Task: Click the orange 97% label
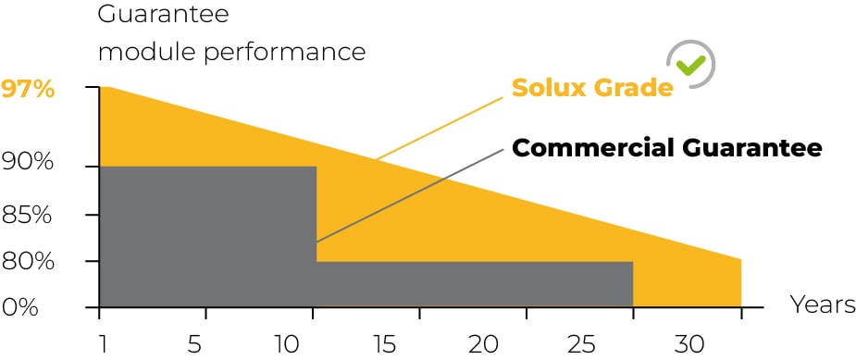[x=27, y=90]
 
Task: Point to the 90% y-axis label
[x=27, y=162]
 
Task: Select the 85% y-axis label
[x=27, y=216]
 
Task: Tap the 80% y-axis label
[x=27, y=262]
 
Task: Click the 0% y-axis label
[x=19, y=307]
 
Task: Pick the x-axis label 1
[x=101, y=345]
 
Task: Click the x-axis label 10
[x=287, y=345]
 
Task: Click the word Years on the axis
[x=823, y=304]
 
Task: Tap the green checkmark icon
[x=690, y=65]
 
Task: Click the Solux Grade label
[x=592, y=87]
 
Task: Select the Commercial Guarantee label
[x=667, y=148]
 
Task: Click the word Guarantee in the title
[x=163, y=14]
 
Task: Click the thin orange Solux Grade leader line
[x=439, y=129]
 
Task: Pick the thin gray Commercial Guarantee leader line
[x=409, y=195]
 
